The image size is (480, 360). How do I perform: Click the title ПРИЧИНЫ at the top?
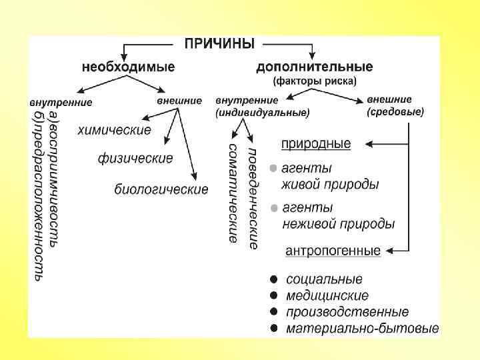219,45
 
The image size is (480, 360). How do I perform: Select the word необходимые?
129,67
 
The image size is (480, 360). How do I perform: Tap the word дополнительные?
315,67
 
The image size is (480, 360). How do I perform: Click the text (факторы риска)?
315,81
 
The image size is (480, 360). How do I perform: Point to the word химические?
114,129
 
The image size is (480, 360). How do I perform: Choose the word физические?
135,159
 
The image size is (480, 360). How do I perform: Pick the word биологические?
161,189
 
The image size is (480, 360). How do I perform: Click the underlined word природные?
315,143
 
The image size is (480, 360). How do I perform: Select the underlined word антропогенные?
333,251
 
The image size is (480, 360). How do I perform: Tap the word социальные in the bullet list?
324,279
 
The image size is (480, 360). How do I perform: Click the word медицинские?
327,295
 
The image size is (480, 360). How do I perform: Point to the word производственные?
347,312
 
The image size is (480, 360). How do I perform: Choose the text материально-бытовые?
362,328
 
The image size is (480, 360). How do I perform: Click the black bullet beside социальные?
273,279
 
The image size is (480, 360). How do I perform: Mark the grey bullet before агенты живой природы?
273,168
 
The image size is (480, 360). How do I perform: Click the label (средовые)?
395,113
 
